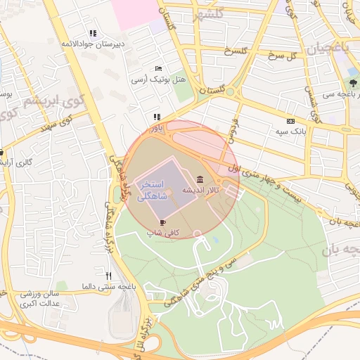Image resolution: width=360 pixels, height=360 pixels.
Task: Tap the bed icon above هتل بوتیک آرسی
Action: point(158,68)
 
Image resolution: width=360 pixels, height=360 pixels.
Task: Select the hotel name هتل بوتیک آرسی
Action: point(159,80)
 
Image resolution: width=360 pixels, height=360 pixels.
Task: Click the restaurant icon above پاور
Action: point(157,117)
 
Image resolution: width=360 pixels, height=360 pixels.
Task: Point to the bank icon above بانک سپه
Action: point(291,120)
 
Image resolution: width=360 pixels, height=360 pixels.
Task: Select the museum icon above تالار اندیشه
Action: point(201,179)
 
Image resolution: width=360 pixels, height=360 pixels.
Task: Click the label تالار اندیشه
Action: point(201,190)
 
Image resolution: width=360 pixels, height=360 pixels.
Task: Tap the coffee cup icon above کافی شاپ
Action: point(163,221)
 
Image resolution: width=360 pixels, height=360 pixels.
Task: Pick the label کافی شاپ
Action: point(163,232)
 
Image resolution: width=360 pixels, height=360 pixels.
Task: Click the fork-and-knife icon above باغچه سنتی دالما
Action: point(108,276)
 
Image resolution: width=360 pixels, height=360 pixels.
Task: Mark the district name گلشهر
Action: point(210,14)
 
